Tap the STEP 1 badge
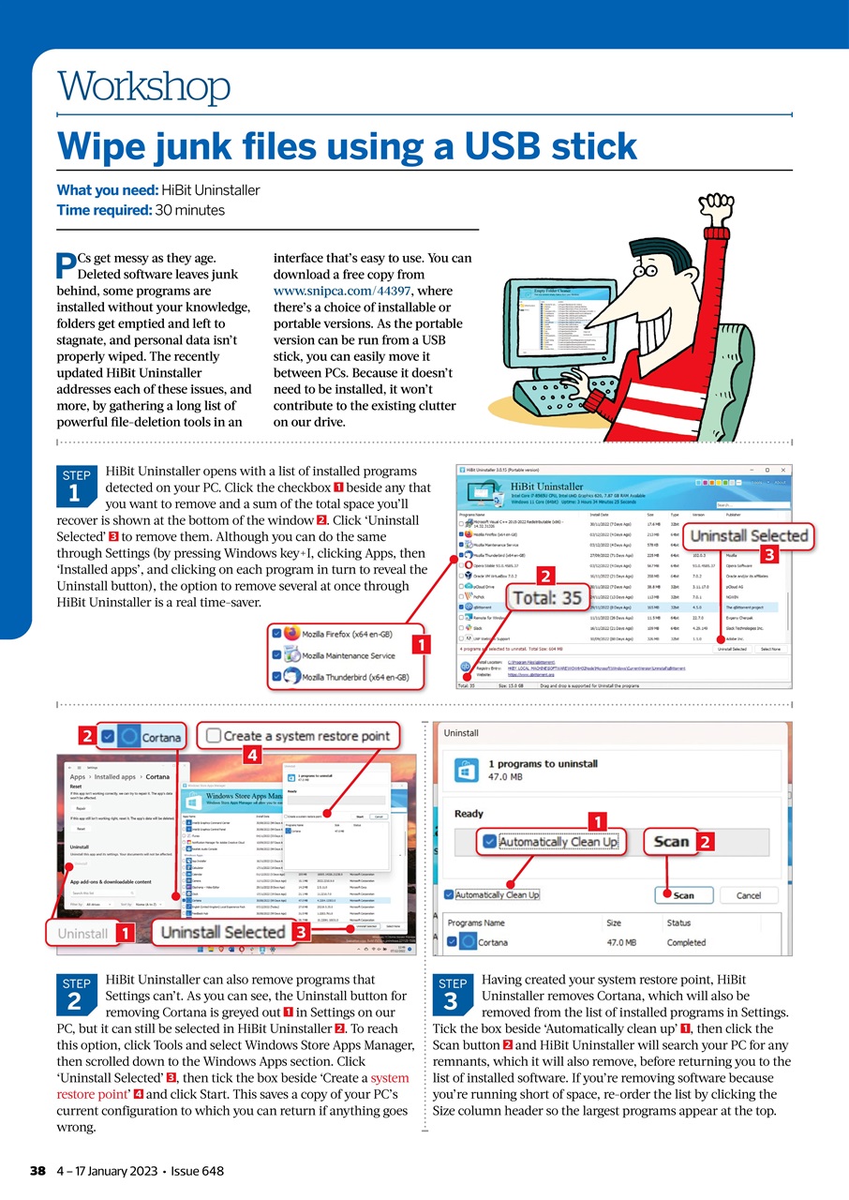pos(74,486)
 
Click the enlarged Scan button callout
pos(671,841)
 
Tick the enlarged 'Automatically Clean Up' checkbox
pos(489,842)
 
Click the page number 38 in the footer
pos(37,1171)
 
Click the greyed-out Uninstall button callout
pos(83,934)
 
